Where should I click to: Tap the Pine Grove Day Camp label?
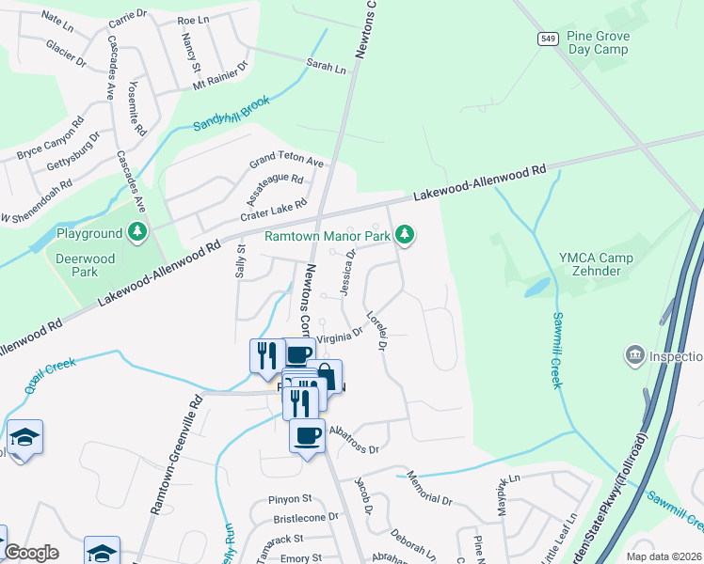pos(625,42)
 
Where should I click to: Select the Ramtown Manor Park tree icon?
pos(405,234)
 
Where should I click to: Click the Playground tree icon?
pos(138,232)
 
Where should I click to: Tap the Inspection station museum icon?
pos(633,355)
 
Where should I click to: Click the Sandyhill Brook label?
pos(231,113)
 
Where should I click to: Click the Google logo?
pos(31,553)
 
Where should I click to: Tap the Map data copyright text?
pos(664,556)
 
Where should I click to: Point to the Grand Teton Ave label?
pos(286,162)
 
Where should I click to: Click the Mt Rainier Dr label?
pos(219,75)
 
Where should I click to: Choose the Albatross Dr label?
pos(354,440)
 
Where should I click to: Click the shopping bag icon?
pos(325,376)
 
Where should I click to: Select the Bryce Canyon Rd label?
pos(50,137)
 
